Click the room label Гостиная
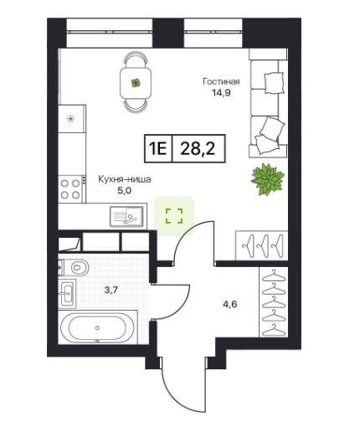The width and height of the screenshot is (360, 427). click(x=221, y=81)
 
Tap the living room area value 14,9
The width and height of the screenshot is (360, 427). click(x=221, y=93)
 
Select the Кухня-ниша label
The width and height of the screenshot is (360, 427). click(x=125, y=179)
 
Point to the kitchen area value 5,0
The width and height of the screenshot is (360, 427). click(x=125, y=191)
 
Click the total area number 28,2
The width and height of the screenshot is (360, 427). click(x=198, y=149)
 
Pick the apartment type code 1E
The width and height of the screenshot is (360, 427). click(x=158, y=149)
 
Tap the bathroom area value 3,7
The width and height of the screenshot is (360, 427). click(x=111, y=290)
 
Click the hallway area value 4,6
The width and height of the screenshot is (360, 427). click(x=230, y=304)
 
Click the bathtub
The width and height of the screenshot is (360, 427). click(x=97, y=327)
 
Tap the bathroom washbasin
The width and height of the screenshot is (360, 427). click(x=67, y=293)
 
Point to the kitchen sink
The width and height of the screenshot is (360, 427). click(x=126, y=216)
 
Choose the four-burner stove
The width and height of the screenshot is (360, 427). click(x=70, y=189)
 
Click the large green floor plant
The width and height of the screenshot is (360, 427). click(x=267, y=179)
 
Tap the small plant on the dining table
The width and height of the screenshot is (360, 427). click(x=136, y=83)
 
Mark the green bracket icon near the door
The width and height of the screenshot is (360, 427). click(x=174, y=216)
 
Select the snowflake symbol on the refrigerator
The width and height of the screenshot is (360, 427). click(x=70, y=119)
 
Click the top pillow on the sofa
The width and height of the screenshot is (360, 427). click(x=274, y=83)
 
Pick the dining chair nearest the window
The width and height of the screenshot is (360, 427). click(x=136, y=59)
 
